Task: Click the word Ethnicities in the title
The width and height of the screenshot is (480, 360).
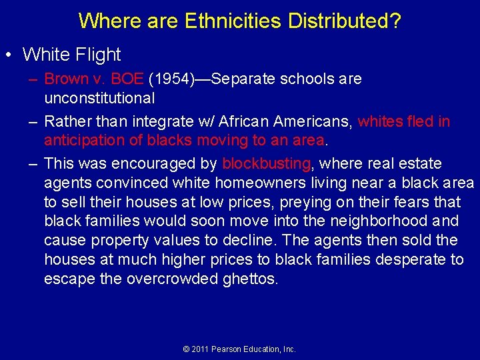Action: pyautogui.click(x=233, y=21)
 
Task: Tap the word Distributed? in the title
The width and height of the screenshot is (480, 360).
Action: pyautogui.click(x=345, y=21)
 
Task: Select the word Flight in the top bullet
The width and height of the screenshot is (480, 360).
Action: pyautogui.click(x=98, y=55)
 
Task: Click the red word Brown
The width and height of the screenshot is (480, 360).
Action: pyautogui.click(x=66, y=79)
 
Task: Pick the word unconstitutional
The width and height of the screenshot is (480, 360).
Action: pyautogui.click(x=99, y=98)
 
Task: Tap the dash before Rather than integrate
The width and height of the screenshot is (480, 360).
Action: pyautogui.click(x=33, y=121)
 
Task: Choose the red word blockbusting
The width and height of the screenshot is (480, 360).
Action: pyautogui.click(x=266, y=163)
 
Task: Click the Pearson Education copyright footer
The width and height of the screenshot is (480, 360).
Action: pyautogui.click(x=239, y=349)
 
